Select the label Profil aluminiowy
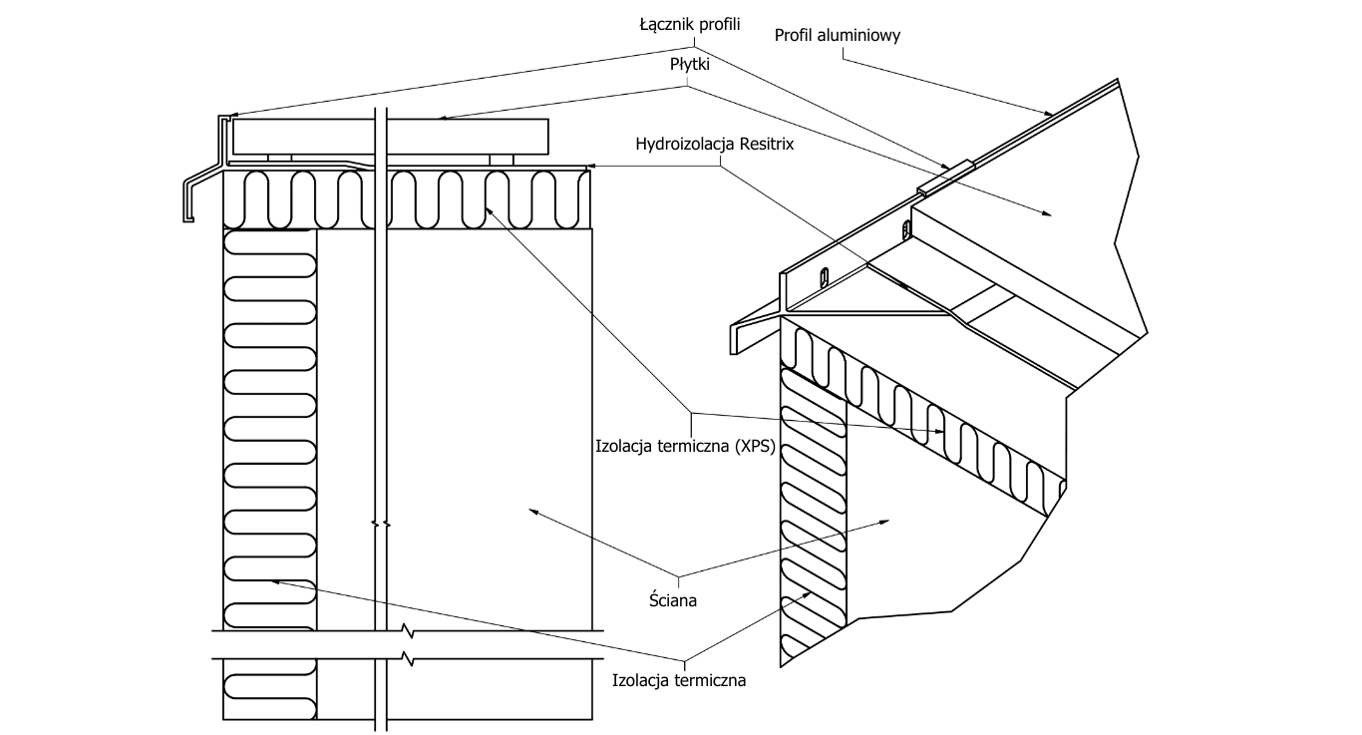pos(838,36)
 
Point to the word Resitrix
pos(773,144)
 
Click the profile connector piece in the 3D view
pos(944,174)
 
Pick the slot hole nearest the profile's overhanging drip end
pos(824,276)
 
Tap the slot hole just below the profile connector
pos(905,230)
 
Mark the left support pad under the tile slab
pos(278,158)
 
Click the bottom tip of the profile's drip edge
pos(187,219)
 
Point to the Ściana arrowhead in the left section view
pos(531,510)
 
